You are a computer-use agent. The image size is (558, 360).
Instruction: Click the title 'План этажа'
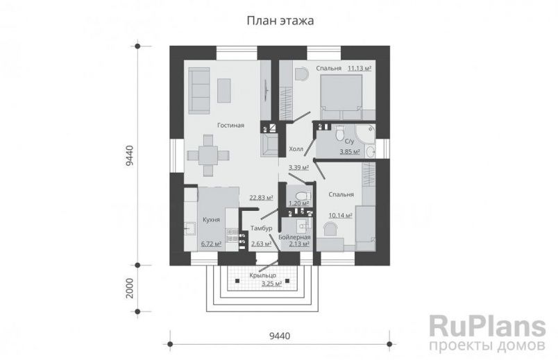tap(280, 21)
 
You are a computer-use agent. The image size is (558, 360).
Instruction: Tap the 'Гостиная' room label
tap(230, 126)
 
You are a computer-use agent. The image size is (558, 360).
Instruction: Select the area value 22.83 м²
tap(261, 197)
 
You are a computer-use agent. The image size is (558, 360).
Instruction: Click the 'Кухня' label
tap(211, 220)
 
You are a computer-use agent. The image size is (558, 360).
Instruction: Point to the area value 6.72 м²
tap(211, 244)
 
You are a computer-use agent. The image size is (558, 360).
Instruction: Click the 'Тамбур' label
tap(261, 228)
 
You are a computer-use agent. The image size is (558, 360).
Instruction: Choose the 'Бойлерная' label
tap(294, 237)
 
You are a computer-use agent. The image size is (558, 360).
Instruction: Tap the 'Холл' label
tap(296, 149)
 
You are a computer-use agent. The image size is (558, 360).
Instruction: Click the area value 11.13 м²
tap(360, 68)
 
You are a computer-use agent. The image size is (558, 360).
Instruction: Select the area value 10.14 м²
tap(341, 215)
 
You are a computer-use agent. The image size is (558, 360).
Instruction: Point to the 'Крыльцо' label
tap(262, 275)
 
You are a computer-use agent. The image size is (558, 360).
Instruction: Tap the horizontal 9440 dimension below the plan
tap(280, 336)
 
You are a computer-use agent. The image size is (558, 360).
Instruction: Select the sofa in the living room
tap(199, 91)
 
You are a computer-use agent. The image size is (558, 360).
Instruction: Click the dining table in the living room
tap(208, 155)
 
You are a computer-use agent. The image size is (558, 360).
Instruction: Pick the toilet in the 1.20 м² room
tap(303, 196)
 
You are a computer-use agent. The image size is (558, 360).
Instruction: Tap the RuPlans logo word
tap(487, 326)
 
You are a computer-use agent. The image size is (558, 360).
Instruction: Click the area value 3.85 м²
tap(350, 152)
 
